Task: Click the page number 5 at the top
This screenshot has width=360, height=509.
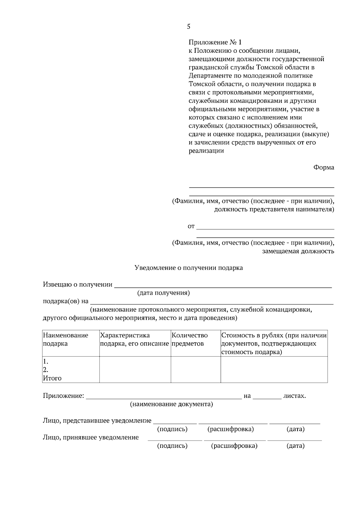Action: click(x=188, y=27)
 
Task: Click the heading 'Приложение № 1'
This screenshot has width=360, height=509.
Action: click(x=215, y=42)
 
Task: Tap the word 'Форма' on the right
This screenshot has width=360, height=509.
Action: click(x=324, y=168)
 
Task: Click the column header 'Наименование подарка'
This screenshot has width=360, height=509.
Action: click(x=66, y=339)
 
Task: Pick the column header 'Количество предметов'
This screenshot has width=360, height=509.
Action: click(x=190, y=339)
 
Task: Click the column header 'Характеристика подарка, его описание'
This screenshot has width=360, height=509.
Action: click(x=134, y=339)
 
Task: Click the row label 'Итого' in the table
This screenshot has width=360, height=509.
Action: click(x=52, y=378)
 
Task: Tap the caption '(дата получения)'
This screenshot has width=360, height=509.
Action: click(x=163, y=293)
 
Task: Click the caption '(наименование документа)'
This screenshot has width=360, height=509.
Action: click(x=171, y=404)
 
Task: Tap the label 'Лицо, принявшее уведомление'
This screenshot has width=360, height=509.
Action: click(x=91, y=437)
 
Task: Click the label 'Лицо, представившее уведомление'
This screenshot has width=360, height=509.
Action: click(x=97, y=421)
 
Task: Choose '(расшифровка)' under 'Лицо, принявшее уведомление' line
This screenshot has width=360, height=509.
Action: click(x=234, y=446)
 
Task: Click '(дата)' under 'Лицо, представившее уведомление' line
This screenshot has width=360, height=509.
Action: click(x=295, y=429)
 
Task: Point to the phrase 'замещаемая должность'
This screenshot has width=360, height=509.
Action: click(x=298, y=251)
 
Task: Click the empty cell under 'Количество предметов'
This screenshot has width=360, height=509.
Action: click(x=196, y=369)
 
